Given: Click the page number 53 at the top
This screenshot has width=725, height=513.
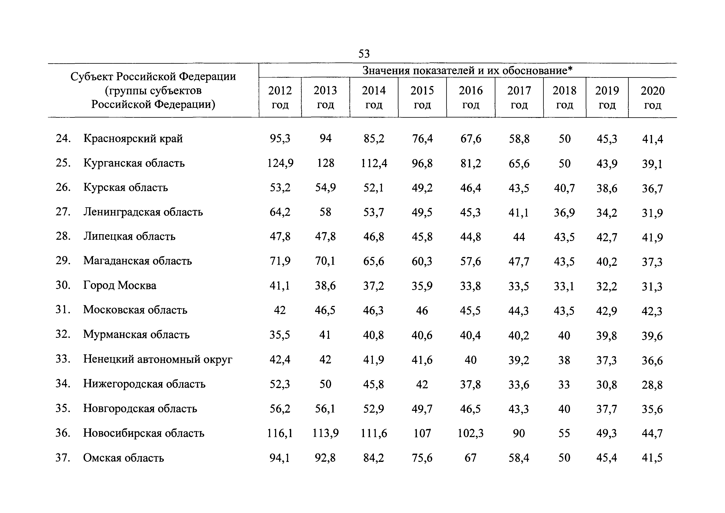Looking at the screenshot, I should pyautogui.click(x=364, y=54).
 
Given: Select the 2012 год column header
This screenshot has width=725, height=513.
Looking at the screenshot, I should pyautogui.click(x=280, y=97).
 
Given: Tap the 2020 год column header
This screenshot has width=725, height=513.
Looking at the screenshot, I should pyautogui.click(x=652, y=97).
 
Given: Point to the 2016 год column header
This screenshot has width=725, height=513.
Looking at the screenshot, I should pyautogui.click(x=471, y=97).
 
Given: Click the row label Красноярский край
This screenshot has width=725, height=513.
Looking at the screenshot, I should pyautogui.click(x=133, y=138).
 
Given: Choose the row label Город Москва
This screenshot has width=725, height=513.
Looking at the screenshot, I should pyautogui.click(x=120, y=285).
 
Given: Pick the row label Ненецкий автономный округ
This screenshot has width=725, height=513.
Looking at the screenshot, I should pyautogui.click(x=157, y=359).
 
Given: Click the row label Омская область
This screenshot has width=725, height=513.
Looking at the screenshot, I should pyautogui.click(x=123, y=458).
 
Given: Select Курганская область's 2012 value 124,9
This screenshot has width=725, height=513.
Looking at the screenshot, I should pyautogui.click(x=280, y=163).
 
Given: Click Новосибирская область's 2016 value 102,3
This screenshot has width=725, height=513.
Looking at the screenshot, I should pyautogui.click(x=471, y=433).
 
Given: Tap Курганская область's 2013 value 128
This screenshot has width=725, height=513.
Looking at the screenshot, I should pyautogui.click(x=325, y=163).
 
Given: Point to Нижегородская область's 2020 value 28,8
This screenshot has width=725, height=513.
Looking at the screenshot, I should pyautogui.click(x=652, y=385).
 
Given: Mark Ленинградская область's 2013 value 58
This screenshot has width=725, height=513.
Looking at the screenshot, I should pyautogui.click(x=325, y=212).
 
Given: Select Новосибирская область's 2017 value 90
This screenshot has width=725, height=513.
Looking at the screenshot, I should pyautogui.click(x=519, y=433).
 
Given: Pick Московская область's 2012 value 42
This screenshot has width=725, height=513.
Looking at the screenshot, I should pyautogui.click(x=280, y=310).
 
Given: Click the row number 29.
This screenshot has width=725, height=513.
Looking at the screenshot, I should pyautogui.click(x=63, y=261).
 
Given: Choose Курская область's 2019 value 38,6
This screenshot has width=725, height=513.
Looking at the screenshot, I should pyautogui.click(x=607, y=188).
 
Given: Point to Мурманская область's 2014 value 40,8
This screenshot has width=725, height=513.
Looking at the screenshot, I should pyautogui.click(x=373, y=335).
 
